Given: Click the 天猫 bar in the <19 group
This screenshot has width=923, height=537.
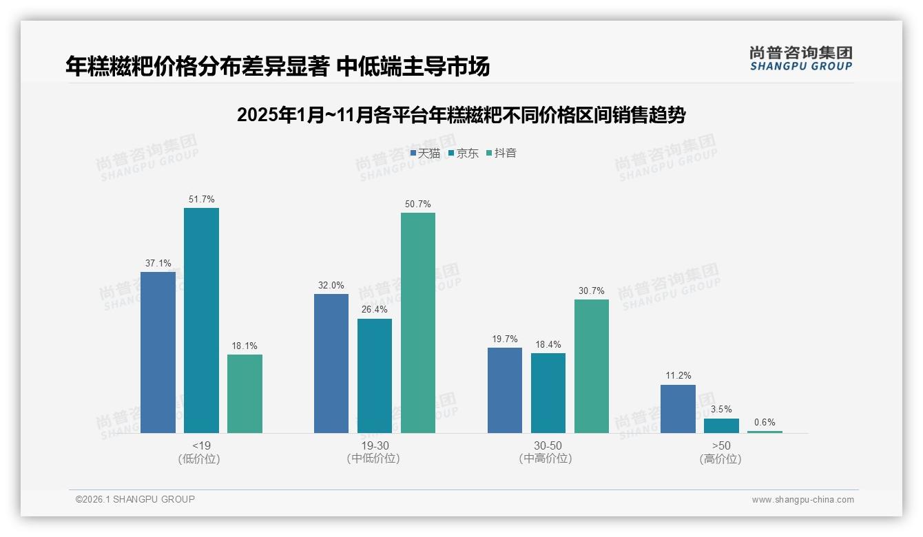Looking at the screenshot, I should pos(158,352).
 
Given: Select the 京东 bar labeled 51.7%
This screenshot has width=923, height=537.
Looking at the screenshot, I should pos(201,320).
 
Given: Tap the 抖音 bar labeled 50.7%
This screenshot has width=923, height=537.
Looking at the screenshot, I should pos(418,323).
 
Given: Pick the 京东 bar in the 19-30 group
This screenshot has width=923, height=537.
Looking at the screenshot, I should pos(375,376).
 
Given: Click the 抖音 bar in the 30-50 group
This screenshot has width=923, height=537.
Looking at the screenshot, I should pos(592,366).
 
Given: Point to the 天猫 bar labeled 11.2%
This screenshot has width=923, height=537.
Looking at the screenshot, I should pos(678,409).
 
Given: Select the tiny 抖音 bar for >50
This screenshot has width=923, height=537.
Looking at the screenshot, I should pos(765,432).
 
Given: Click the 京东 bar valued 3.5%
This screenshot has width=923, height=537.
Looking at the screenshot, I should pos(721,425).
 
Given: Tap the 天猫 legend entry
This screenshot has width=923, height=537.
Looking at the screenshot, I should pos(425,153).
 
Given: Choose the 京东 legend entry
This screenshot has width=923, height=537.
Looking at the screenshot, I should pos(463,153).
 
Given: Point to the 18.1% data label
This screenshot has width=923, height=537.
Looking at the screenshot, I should pos(245,346).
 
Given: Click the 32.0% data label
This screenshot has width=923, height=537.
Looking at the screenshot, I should pos(331,286).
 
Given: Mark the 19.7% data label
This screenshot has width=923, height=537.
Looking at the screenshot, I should pos(505,339).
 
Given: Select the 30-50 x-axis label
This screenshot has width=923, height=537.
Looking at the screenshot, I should pos(548,445).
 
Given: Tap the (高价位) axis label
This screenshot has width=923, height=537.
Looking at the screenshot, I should pos(720,459).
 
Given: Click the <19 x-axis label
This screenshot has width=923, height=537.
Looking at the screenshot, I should pos(201,445).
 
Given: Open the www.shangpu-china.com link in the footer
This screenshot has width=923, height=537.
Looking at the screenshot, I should pos(802,500).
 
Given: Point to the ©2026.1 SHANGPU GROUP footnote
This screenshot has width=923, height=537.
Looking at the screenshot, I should pos(135,499).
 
